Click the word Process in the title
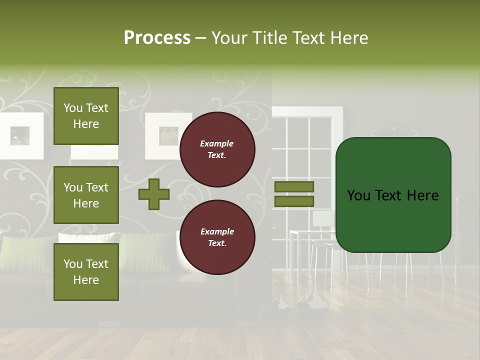click(157, 38)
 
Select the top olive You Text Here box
click(86, 116)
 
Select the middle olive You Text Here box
click(86, 195)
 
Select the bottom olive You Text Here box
click(86, 271)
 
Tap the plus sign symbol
click(154, 194)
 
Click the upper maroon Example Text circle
click(217, 149)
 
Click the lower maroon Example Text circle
click(217, 237)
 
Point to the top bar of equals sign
click(294, 186)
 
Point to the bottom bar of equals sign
click(294, 201)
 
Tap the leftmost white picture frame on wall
click(20, 135)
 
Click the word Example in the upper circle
click(217, 143)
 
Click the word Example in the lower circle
click(217, 231)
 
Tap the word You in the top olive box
click(73, 108)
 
